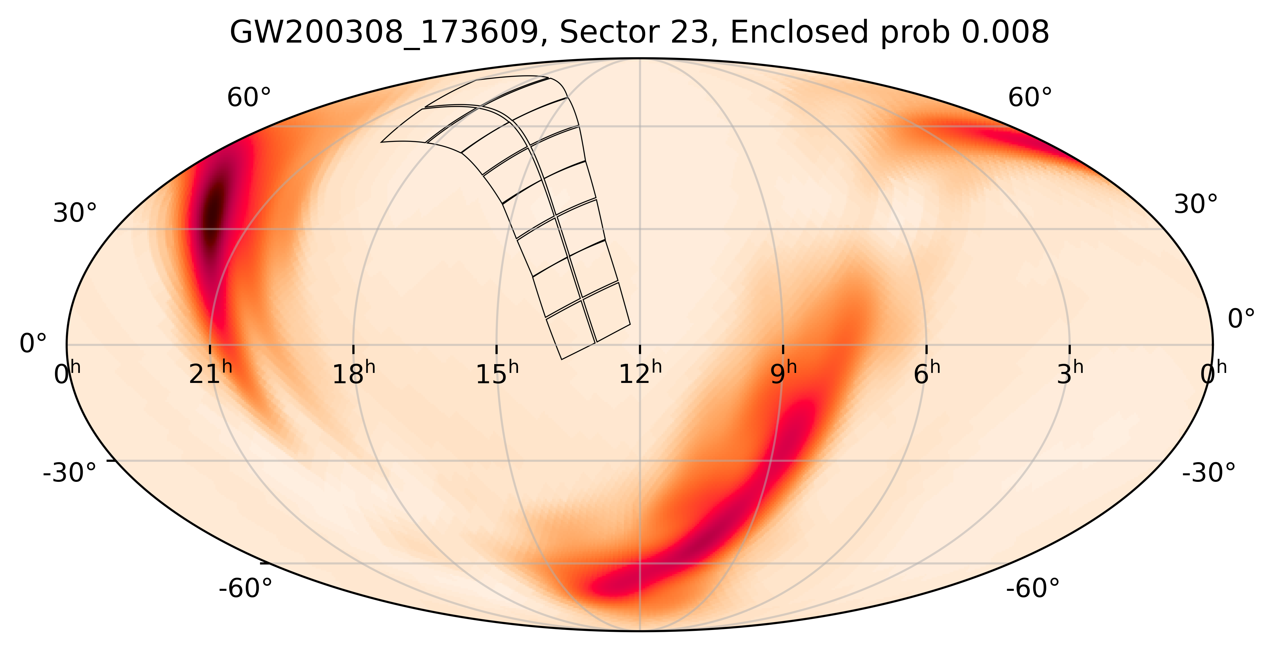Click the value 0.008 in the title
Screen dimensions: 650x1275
point(1005,33)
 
